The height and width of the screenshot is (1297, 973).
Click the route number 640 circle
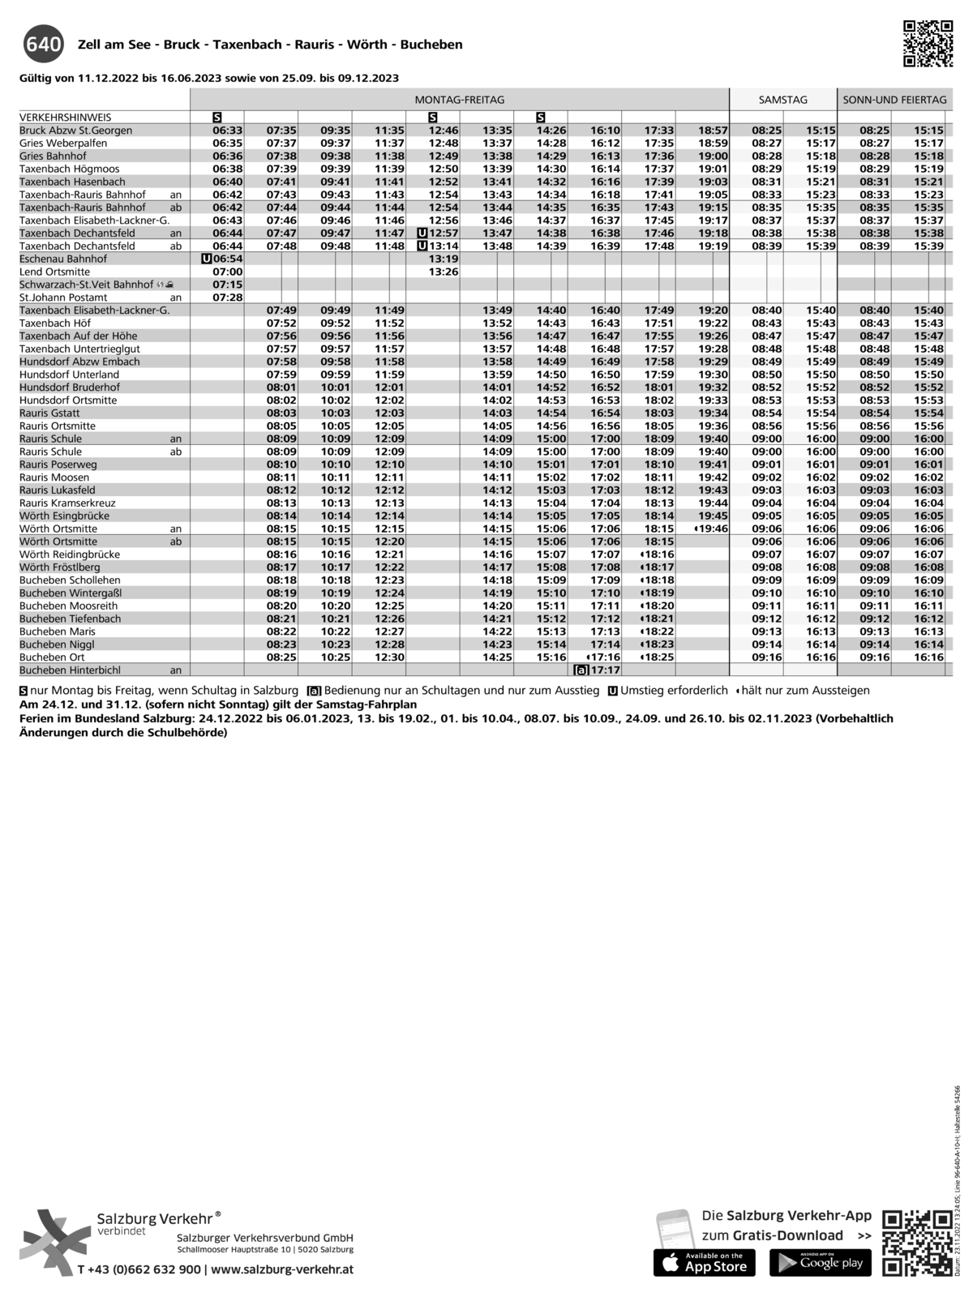coord(43,45)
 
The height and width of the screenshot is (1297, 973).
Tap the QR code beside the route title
coord(928,44)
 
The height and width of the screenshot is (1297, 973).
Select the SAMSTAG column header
coord(782,100)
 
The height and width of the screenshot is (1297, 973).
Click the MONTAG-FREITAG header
coord(459,100)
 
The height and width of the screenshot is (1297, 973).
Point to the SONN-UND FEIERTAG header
coord(894,100)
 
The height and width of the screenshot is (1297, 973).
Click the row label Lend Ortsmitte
coord(55,272)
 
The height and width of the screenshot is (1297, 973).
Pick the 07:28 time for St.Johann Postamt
coord(228,297)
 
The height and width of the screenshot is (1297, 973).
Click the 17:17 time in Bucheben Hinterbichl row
coord(605,670)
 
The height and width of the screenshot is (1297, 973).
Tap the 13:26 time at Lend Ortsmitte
coord(444,272)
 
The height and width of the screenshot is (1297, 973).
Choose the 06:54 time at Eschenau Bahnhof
coord(227,259)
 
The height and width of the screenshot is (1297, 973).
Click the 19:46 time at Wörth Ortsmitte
coord(713,529)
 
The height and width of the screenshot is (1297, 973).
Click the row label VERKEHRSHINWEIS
coord(66,118)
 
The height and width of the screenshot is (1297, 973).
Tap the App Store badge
coord(704,1263)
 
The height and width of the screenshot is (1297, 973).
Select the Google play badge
coord(820,1263)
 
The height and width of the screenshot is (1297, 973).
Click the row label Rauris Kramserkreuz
coord(67,503)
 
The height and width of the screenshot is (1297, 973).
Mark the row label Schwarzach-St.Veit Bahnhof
coord(86,285)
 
